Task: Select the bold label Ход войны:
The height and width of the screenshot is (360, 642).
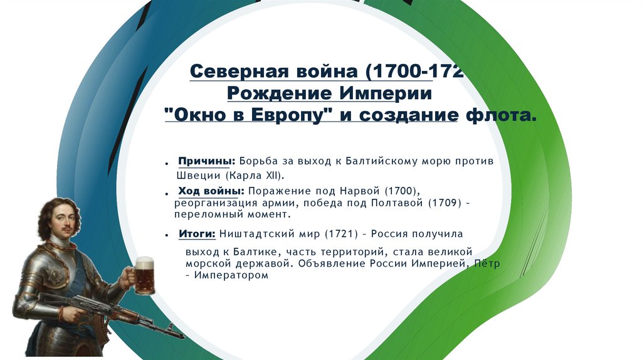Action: pyautogui.click(x=211, y=190)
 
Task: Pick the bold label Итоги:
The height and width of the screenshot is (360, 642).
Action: pyautogui.click(x=197, y=234)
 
